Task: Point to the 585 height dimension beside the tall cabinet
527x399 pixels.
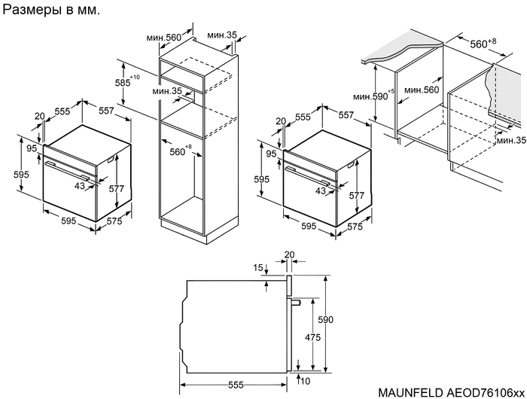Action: tap(120, 82)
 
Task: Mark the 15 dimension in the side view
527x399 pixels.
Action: tap(259, 268)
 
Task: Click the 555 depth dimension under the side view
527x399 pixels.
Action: tap(236, 385)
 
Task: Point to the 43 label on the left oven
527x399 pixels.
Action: tap(81, 184)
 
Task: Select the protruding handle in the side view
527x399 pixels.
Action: tap(297, 302)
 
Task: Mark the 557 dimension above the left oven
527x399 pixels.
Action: tap(106, 111)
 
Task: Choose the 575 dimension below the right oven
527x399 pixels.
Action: tap(355, 226)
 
